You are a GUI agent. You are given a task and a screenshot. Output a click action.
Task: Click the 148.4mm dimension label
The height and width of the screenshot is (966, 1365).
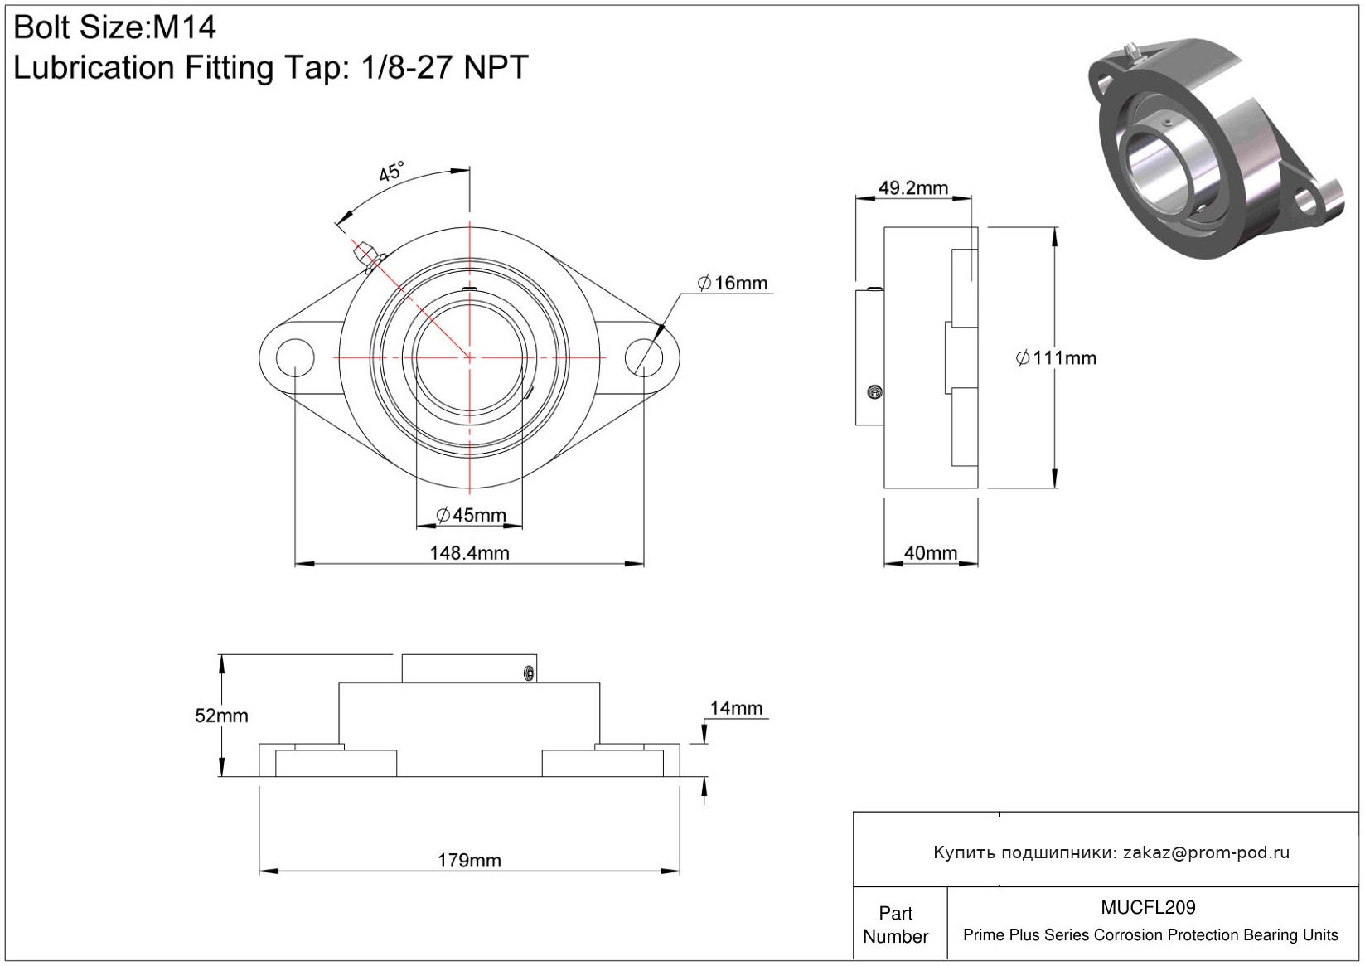click(469, 553)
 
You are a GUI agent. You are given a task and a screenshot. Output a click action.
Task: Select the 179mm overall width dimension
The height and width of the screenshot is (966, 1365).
click(469, 861)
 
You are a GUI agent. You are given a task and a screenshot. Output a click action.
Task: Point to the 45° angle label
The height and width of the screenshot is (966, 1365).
click(391, 172)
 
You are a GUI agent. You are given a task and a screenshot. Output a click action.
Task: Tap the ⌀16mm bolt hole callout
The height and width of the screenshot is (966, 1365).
click(733, 283)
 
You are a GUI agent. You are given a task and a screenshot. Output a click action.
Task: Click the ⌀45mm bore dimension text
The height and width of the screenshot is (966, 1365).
click(471, 515)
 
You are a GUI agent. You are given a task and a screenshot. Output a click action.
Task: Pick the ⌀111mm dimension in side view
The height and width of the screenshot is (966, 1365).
click(1056, 358)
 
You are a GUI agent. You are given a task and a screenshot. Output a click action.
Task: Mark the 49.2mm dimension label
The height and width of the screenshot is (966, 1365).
click(912, 188)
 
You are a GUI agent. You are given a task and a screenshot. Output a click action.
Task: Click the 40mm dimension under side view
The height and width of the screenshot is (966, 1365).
click(931, 553)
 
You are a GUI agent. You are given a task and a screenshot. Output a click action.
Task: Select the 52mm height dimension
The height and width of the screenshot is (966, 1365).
click(221, 716)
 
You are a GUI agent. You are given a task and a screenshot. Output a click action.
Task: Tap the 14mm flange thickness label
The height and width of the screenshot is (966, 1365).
click(736, 708)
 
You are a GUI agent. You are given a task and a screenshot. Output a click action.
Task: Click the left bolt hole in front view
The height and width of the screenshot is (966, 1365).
click(295, 357)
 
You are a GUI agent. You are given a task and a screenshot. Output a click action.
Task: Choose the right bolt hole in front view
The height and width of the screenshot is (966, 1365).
click(644, 357)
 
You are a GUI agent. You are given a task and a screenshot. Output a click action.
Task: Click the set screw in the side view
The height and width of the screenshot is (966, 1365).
click(874, 392)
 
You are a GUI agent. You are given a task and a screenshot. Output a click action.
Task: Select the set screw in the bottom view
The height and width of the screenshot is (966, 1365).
click(529, 673)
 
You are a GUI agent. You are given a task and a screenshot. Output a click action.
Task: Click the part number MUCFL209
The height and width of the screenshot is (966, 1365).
click(1148, 907)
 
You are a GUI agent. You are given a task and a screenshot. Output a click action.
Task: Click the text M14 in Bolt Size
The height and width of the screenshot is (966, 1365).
click(184, 27)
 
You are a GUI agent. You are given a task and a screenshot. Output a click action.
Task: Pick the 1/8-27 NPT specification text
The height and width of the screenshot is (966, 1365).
click(444, 67)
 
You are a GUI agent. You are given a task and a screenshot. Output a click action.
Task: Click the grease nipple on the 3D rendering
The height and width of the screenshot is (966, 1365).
click(1131, 53)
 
